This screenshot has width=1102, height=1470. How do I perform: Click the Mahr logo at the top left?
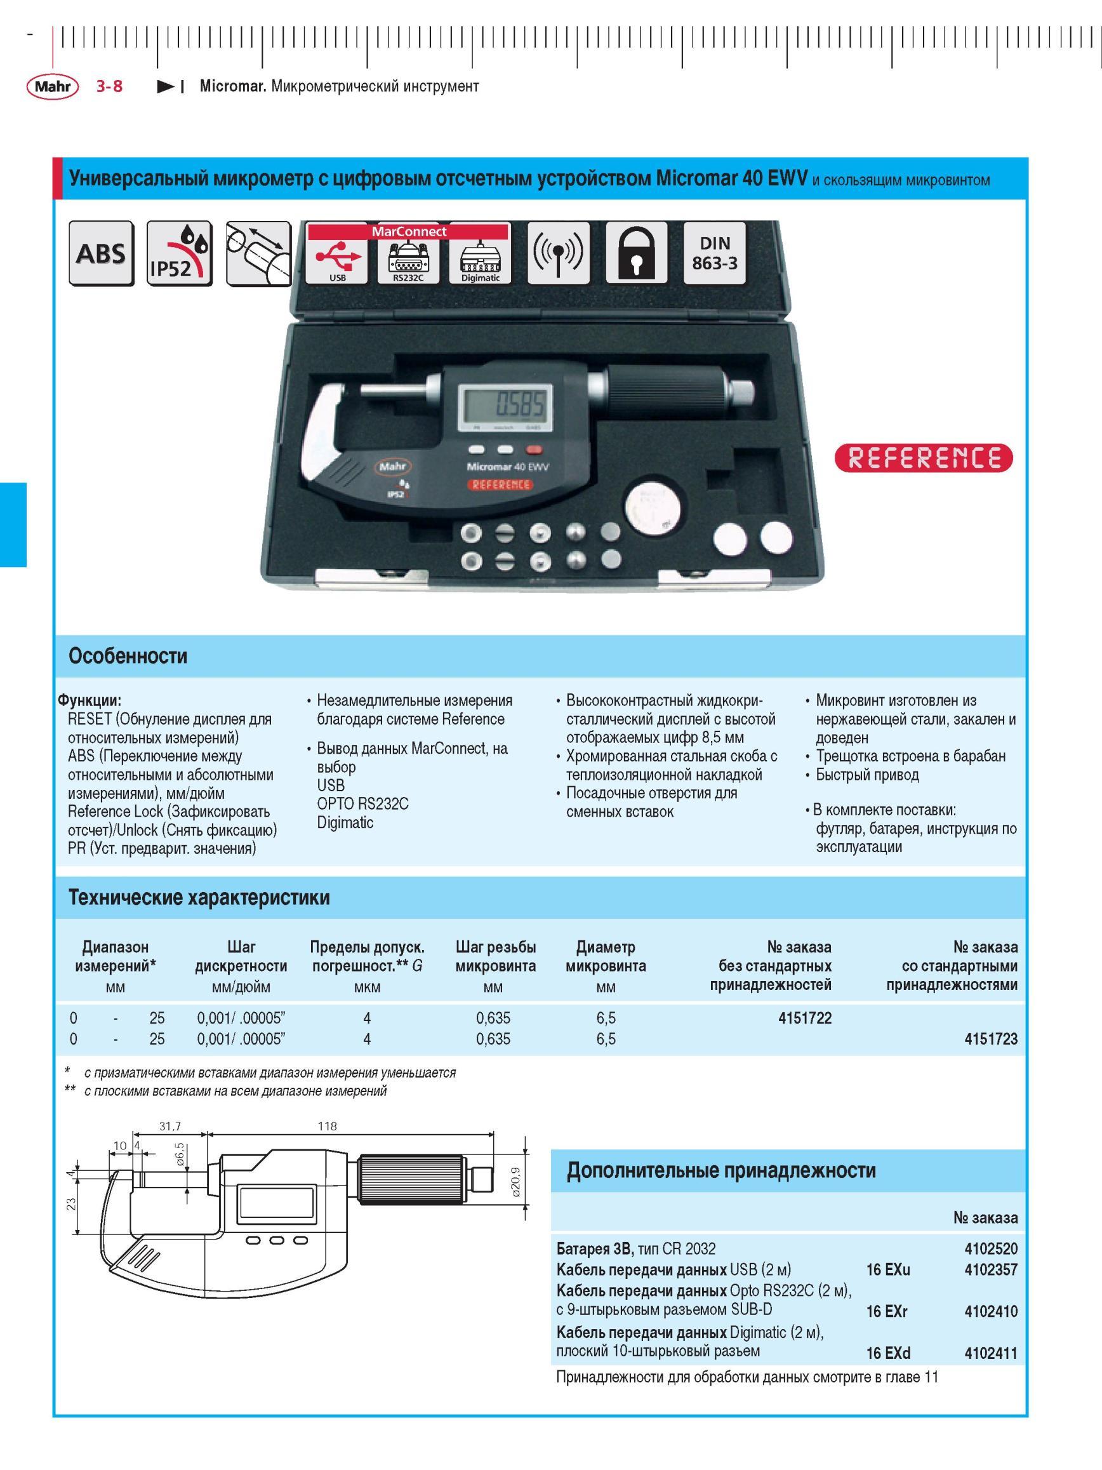pyautogui.click(x=53, y=86)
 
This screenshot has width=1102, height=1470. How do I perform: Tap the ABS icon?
pyautogui.click(x=101, y=253)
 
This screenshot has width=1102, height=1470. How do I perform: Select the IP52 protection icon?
pyautogui.click(x=180, y=253)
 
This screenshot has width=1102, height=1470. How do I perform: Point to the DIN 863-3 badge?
pyautogui.click(x=715, y=253)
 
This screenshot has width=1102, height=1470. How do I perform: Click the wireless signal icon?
pyautogui.click(x=559, y=253)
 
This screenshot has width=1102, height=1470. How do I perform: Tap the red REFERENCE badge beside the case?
pyautogui.click(x=924, y=458)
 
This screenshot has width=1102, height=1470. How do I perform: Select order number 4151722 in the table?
pyautogui.click(x=804, y=1018)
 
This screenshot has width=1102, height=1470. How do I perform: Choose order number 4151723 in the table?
pyautogui.click(x=990, y=1039)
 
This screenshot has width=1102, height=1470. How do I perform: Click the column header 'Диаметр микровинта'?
pyautogui.click(x=605, y=956)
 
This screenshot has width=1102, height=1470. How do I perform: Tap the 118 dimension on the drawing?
pyautogui.click(x=328, y=1126)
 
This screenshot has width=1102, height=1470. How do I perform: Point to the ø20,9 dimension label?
pyautogui.click(x=517, y=1180)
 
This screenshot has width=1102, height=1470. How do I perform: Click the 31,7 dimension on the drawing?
pyautogui.click(x=170, y=1126)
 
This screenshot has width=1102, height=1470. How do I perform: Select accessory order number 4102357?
pyautogui.click(x=990, y=1269)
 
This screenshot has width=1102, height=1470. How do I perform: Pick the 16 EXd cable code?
pyautogui.click(x=888, y=1353)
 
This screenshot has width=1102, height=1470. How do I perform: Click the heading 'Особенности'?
pyautogui.click(x=128, y=657)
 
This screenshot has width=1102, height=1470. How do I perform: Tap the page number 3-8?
pyautogui.click(x=109, y=86)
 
